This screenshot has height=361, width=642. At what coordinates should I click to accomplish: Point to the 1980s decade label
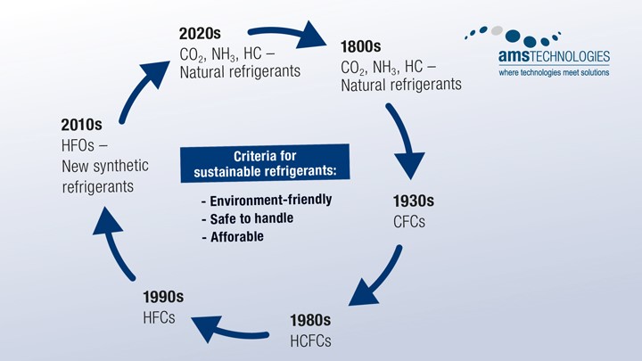(x=310, y=319)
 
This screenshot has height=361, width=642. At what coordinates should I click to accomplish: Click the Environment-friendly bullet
(x=267, y=200)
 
